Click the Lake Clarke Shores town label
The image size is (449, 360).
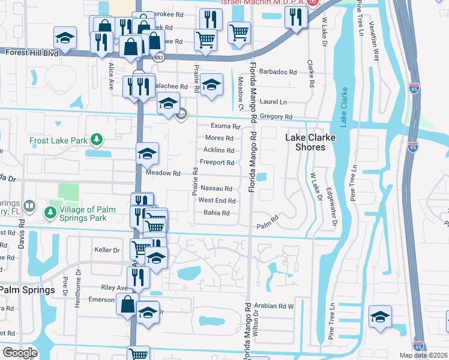click(x=310, y=142)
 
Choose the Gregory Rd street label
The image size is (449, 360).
click(x=276, y=116)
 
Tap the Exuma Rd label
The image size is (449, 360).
click(x=225, y=127)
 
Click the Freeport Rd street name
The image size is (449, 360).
click(x=217, y=163)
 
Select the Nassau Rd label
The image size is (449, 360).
click(x=216, y=188)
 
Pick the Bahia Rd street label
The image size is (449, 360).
click(x=217, y=213)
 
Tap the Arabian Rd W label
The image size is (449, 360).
click(x=273, y=306)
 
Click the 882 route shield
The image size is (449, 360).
click(x=158, y=57)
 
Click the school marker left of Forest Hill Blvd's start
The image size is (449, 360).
click(x=64, y=37)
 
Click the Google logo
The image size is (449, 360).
click(x=19, y=353)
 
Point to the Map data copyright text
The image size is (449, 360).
click(x=424, y=355)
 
